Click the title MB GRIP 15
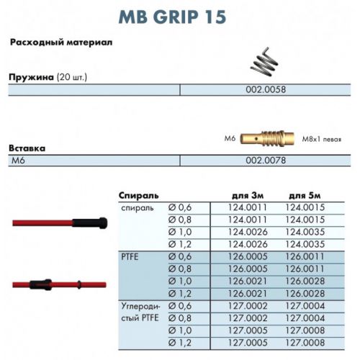point(172,17)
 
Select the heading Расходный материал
point(61,42)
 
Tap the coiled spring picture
point(264,62)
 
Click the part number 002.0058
point(266,89)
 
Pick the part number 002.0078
point(266,160)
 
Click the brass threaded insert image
point(267,139)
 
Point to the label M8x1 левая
point(322,139)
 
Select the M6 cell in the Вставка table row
point(18,160)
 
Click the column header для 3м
point(248,196)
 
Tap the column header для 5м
point(305,196)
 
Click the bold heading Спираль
point(139,196)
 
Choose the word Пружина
point(31,77)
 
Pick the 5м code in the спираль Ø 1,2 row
point(305,244)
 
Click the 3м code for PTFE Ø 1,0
point(248,281)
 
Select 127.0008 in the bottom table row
point(305,343)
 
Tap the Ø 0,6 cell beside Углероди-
point(180,306)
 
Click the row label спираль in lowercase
point(138,208)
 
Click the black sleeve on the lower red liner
point(40,284)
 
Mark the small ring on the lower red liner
point(79,284)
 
